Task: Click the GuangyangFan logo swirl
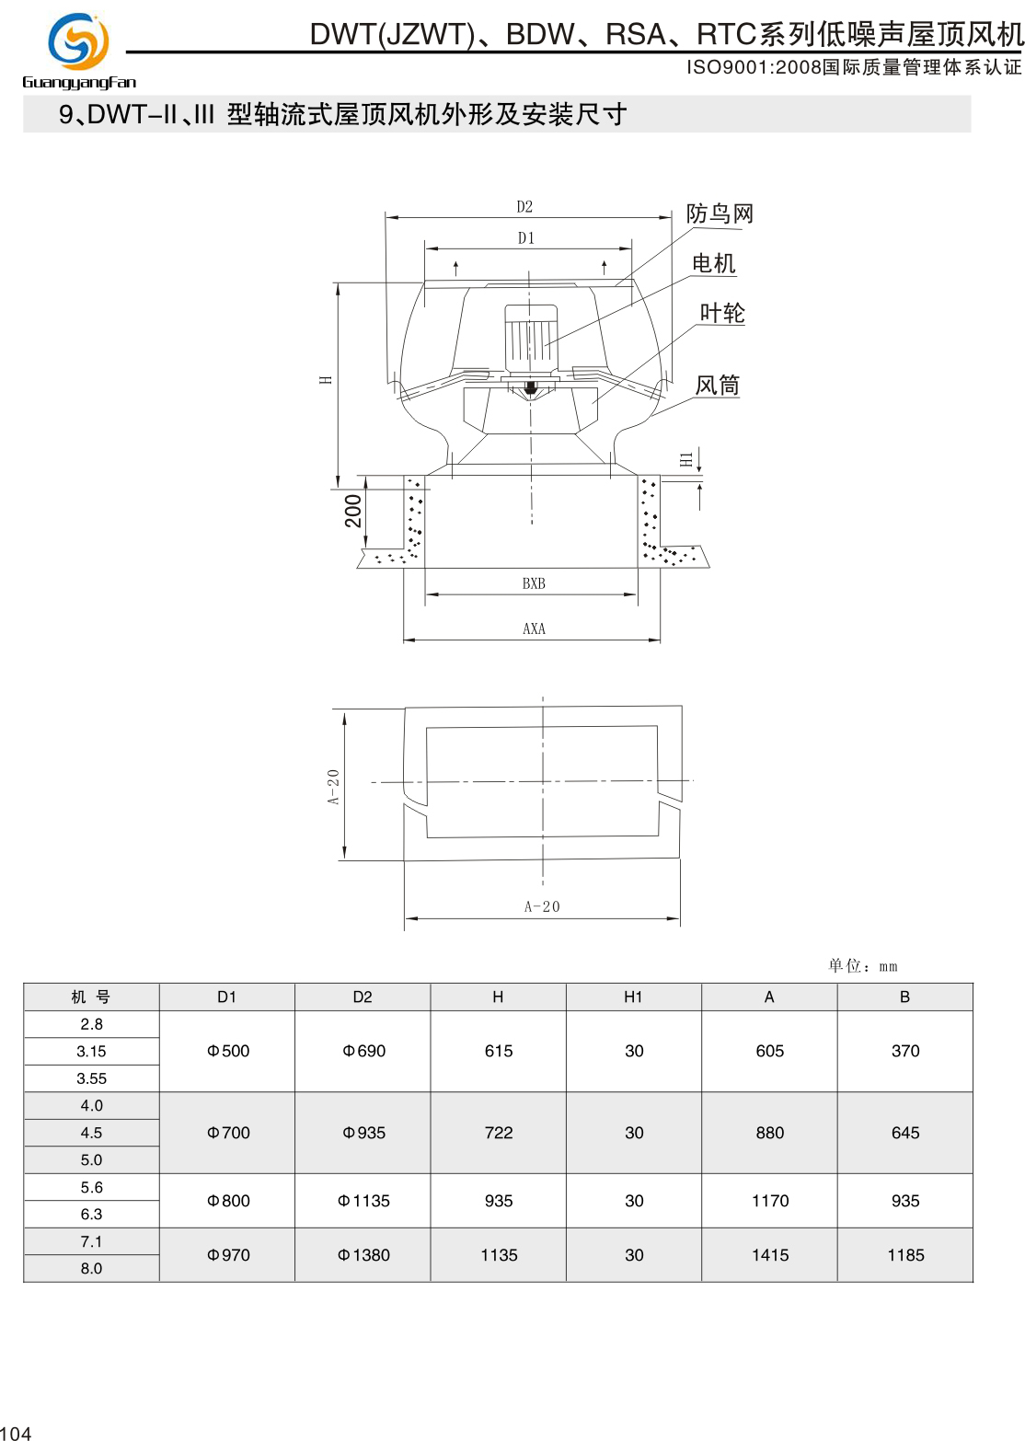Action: [78, 41]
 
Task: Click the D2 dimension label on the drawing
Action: [524, 207]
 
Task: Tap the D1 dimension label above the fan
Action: [526, 238]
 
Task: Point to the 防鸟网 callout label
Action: [720, 214]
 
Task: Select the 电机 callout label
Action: [714, 264]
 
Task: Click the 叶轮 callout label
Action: [722, 314]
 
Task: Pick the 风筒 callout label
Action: [718, 386]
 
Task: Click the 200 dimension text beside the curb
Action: [353, 512]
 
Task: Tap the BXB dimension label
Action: [534, 583]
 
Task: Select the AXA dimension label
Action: [534, 629]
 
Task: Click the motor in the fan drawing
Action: [531, 336]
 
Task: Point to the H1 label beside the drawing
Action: [686, 459]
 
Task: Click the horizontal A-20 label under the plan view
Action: [542, 907]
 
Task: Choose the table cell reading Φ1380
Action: [363, 1255]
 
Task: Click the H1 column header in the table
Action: [633, 997]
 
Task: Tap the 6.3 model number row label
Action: [91, 1215]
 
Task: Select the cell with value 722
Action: [499, 1133]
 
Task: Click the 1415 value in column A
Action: [770, 1255]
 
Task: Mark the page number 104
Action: [16, 1433]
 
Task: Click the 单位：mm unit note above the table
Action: [862, 966]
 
